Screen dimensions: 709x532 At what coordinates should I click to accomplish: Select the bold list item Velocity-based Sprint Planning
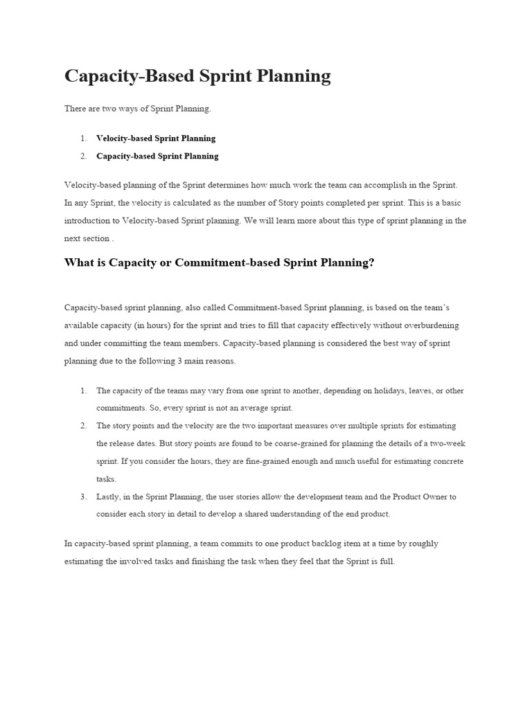tap(156, 138)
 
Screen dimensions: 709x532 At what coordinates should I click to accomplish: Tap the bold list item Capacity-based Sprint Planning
tap(157, 156)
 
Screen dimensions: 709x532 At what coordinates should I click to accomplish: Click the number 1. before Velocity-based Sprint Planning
tap(83, 138)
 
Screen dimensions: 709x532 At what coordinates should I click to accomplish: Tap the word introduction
tap(90, 221)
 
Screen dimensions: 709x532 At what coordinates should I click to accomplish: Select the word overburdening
tap(429, 325)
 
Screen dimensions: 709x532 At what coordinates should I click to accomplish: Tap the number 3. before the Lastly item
tap(83, 496)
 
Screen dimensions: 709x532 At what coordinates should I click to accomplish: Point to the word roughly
tap(423, 544)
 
